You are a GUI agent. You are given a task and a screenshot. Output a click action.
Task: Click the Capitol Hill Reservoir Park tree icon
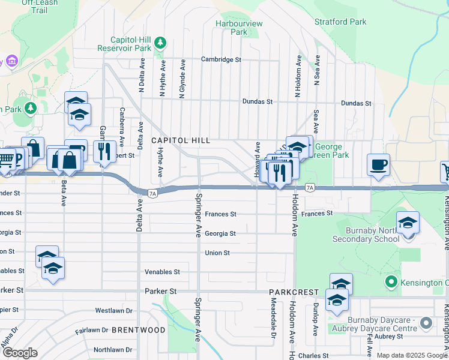[x=160, y=43]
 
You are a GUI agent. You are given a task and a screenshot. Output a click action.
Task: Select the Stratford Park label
[x=340, y=22]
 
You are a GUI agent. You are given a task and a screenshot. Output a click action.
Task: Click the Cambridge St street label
[x=221, y=60]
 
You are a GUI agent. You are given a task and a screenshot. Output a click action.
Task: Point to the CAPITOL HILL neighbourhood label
[x=181, y=140]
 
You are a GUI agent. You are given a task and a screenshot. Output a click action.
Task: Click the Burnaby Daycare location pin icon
[x=426, y=323]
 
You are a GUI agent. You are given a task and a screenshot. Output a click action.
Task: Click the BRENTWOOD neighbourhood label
[x=139, y=330]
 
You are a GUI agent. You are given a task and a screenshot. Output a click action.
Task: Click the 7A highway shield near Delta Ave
[x=152, y=193]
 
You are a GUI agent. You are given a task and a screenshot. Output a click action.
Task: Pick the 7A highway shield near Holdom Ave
[x=310, y=188]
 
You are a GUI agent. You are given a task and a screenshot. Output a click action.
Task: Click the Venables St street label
[x=162, y=272]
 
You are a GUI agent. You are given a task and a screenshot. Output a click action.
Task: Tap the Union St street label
[x=217, y=253]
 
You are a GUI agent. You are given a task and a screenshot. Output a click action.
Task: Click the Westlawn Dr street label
[x=113, y=311]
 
